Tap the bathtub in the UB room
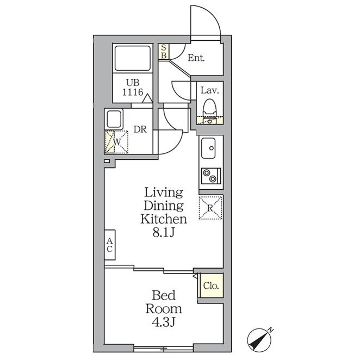point(133,58)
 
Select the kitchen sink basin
point(208,148)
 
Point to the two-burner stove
point(211,176)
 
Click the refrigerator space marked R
point(210,208)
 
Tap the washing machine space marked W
point(116,142)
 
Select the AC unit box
point(110,245)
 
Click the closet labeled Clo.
point(211,286)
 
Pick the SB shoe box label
point(164,52)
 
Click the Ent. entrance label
point(196,58)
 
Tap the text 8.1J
point(164,233)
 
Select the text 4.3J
point(164,322)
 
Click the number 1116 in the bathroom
point(133,92)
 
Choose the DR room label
point(140,129)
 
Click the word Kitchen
point(164,219)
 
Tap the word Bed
point(164,295)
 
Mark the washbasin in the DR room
point(114,119)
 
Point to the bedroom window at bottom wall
point(164,349)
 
